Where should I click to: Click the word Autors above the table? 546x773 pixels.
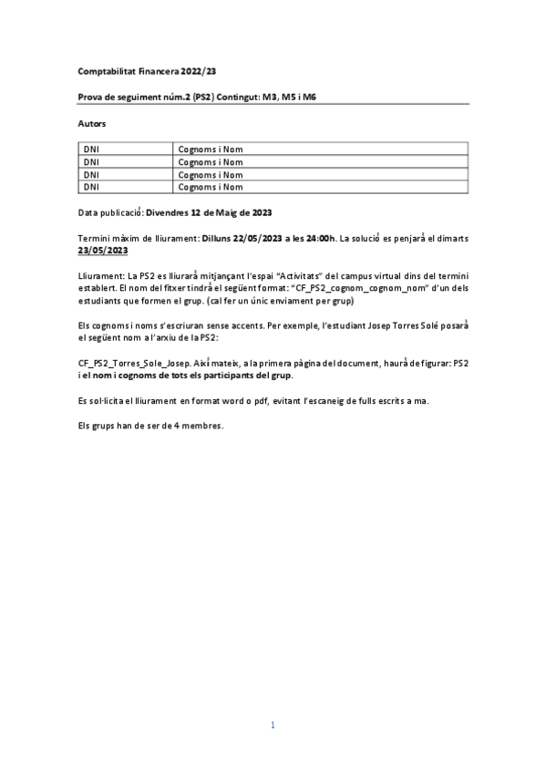coord(92,121)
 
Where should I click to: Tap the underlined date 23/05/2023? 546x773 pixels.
coord(103,250)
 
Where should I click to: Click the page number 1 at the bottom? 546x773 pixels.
coord(273,726)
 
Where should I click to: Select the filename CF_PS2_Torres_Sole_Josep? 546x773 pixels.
coord(136,363)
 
